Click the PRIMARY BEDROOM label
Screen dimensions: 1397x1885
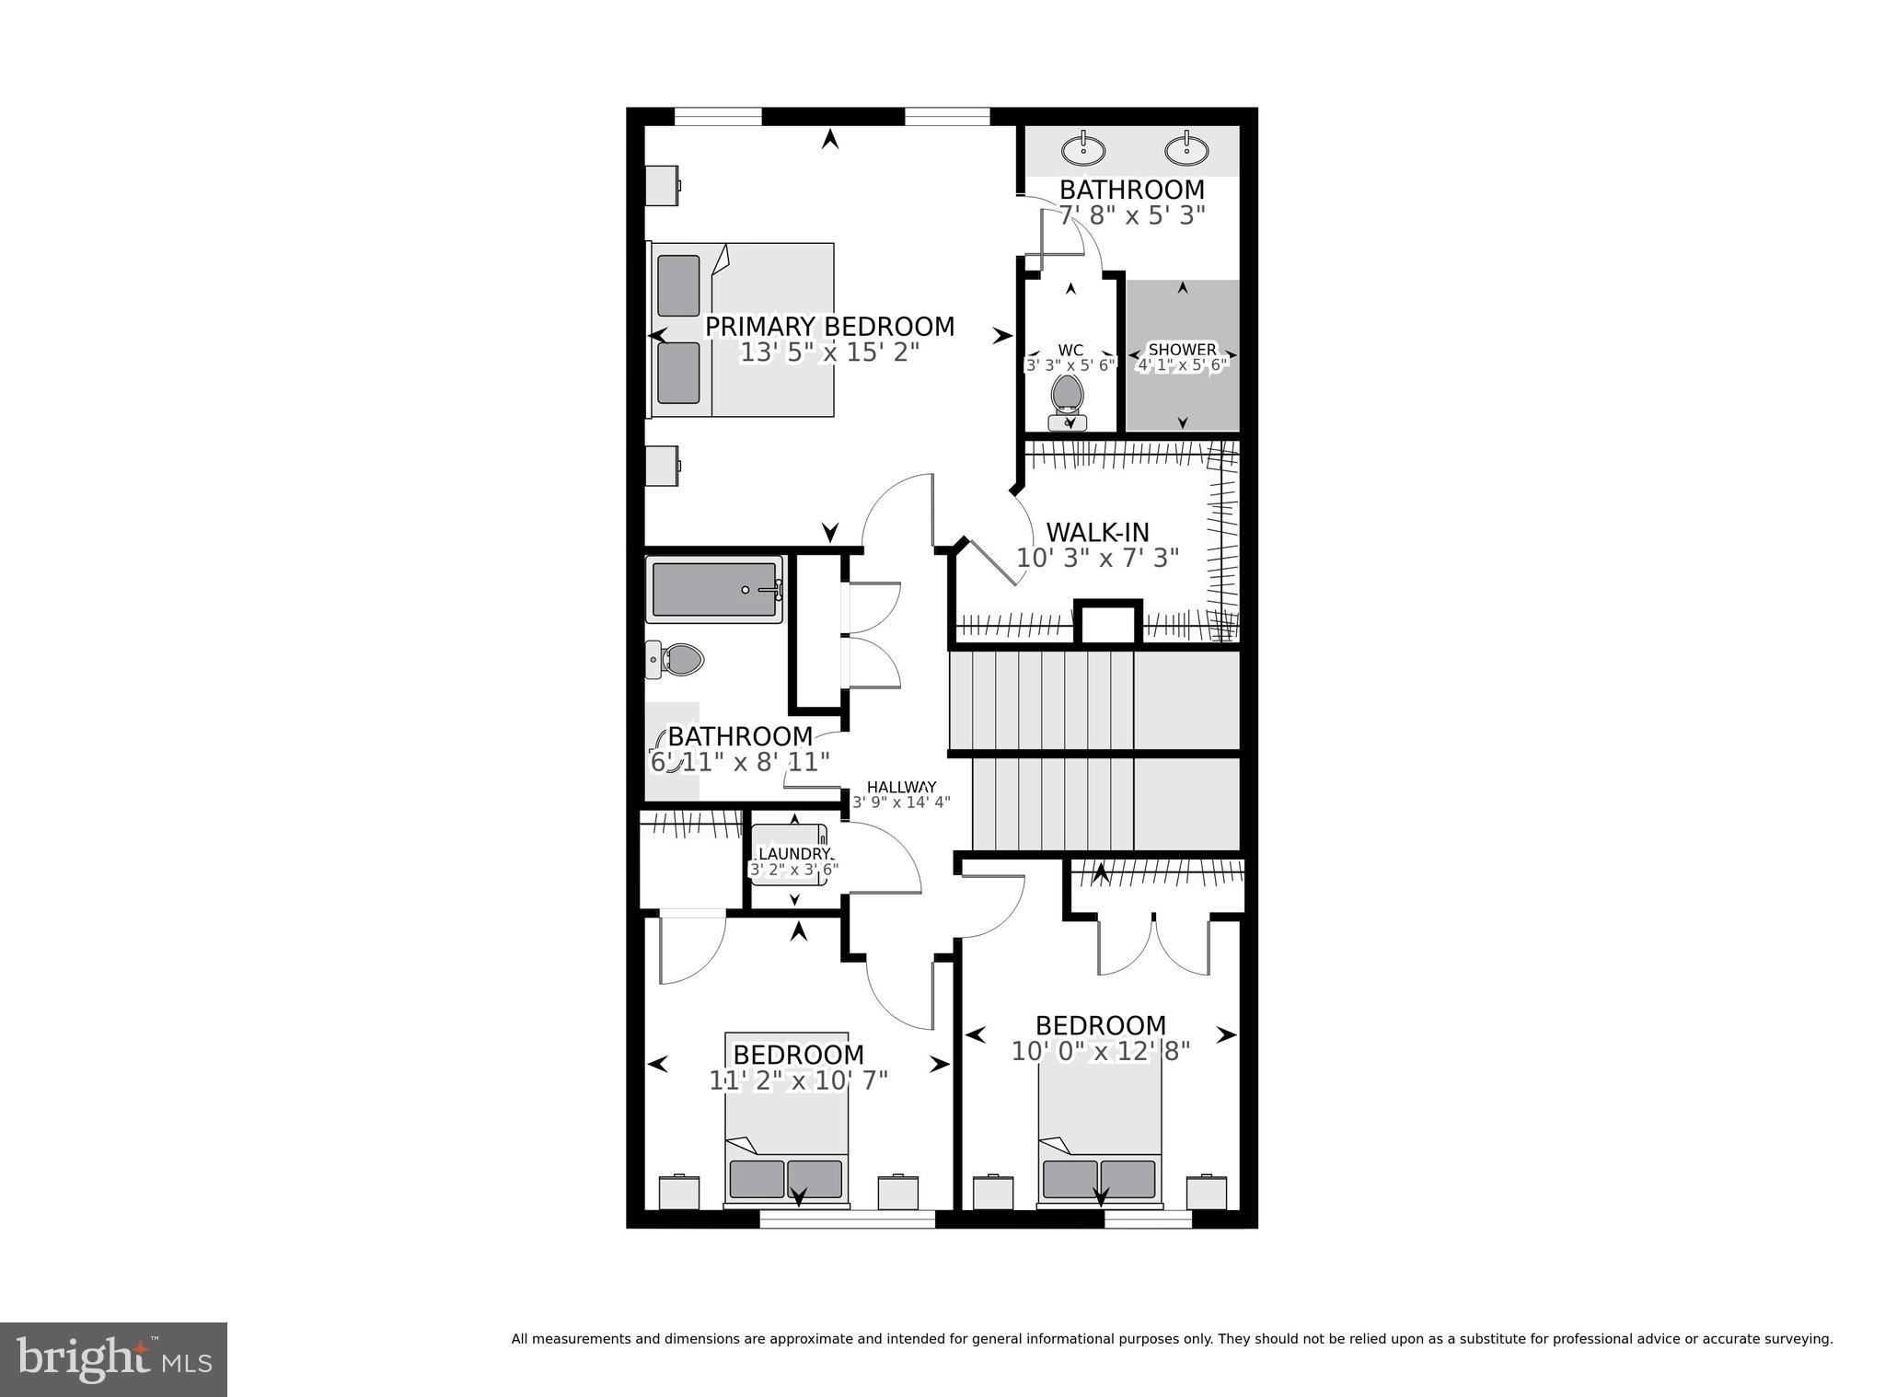pyautogui.click(x=829, y=327)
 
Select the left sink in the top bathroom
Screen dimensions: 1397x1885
pyautogui.click(x=1083, y=149)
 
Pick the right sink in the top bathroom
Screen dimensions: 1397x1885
pyautogui.click(x=1186, y=149)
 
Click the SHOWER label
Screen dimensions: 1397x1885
pyautogui.click(x=1182, y=350)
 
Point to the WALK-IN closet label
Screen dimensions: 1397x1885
pyautogui.click(x=1097, y=532)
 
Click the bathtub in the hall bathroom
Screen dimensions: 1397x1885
pyautogui.click(x=715, y=590)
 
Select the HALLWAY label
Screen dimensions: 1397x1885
pyautogui.click(x=901, y=787)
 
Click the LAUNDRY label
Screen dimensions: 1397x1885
pyautogui.click(x=793, y=854)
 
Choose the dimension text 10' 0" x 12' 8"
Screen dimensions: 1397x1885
pyautogui.click(x=1101, y=1051)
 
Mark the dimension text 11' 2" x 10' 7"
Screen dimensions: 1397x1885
pyautogui.click(x=798, y=1080)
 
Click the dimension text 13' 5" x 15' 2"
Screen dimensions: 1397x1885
pyautogui.click(x=829, y=352)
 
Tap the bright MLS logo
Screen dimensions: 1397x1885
pyautogui.click(x=113, y=1360)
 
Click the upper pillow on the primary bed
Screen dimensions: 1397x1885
pyautogui.click(x=678, y=285)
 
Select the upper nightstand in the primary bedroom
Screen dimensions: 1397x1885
pyautogui.click(x=662, y=185)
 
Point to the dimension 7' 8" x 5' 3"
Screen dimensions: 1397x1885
pyautogui.click(x=1131, y=215)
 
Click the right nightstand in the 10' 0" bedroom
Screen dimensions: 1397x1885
pyautogui.click(x=1206, y=1192)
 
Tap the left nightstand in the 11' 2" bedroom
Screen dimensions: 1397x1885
pyautogui.click(x=679, y=1192)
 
